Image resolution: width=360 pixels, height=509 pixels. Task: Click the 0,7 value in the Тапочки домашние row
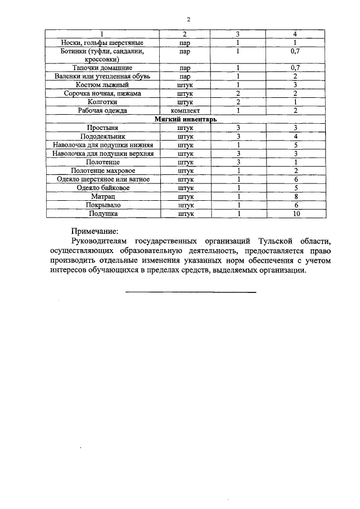[x=294, y=68]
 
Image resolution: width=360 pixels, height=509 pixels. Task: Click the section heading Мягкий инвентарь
[x=186, y=119]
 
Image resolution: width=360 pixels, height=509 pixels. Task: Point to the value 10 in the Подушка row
[x=295, y=214]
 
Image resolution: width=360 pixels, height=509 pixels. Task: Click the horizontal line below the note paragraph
[x=190, y=292]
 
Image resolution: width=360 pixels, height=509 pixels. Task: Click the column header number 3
[x=238, y=34]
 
